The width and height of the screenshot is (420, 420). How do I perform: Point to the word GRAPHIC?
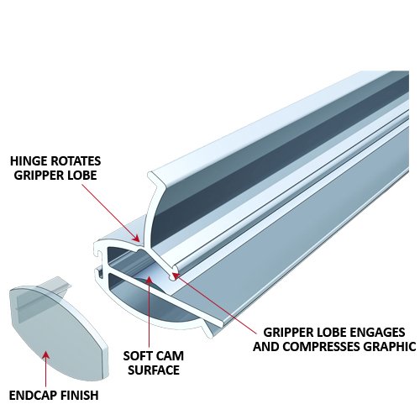coord(390,345)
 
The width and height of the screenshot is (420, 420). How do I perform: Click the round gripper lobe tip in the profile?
coord(173,272)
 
